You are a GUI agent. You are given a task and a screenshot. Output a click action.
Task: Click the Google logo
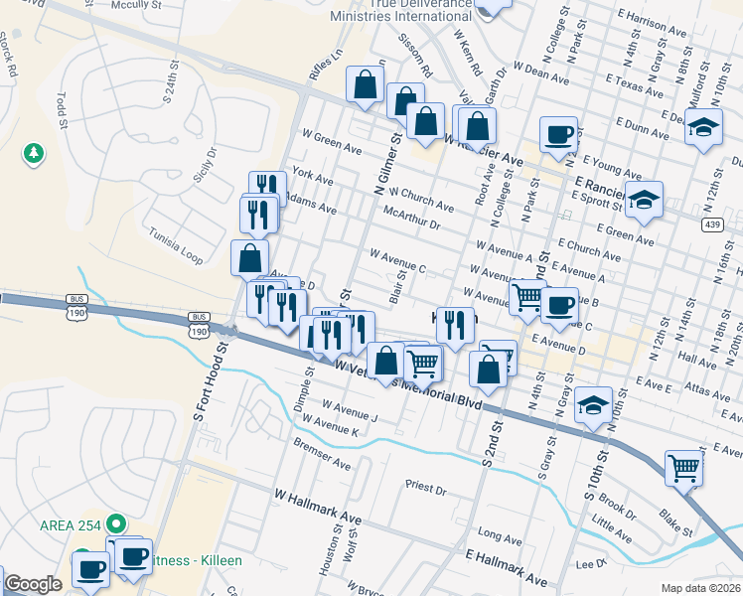click(33, 584)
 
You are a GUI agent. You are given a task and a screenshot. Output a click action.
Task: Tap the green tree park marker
click(34, 153)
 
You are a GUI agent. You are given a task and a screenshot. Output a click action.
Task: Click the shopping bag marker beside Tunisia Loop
click(249, 257)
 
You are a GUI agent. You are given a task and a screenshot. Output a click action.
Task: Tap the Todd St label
click(62, 110)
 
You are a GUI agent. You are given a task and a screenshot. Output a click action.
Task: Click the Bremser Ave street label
click(322, 456)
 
